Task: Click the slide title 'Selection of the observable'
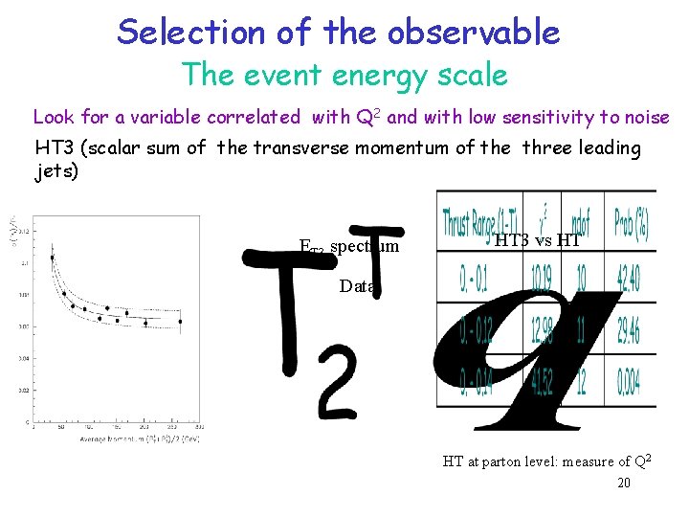click(338, 32)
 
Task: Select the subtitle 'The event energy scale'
click(344, 74)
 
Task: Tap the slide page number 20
click(624, 483)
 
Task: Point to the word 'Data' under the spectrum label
click(358, 285)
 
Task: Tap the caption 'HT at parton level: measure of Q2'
click(546, 461)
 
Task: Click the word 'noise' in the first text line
click(648, 118)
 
